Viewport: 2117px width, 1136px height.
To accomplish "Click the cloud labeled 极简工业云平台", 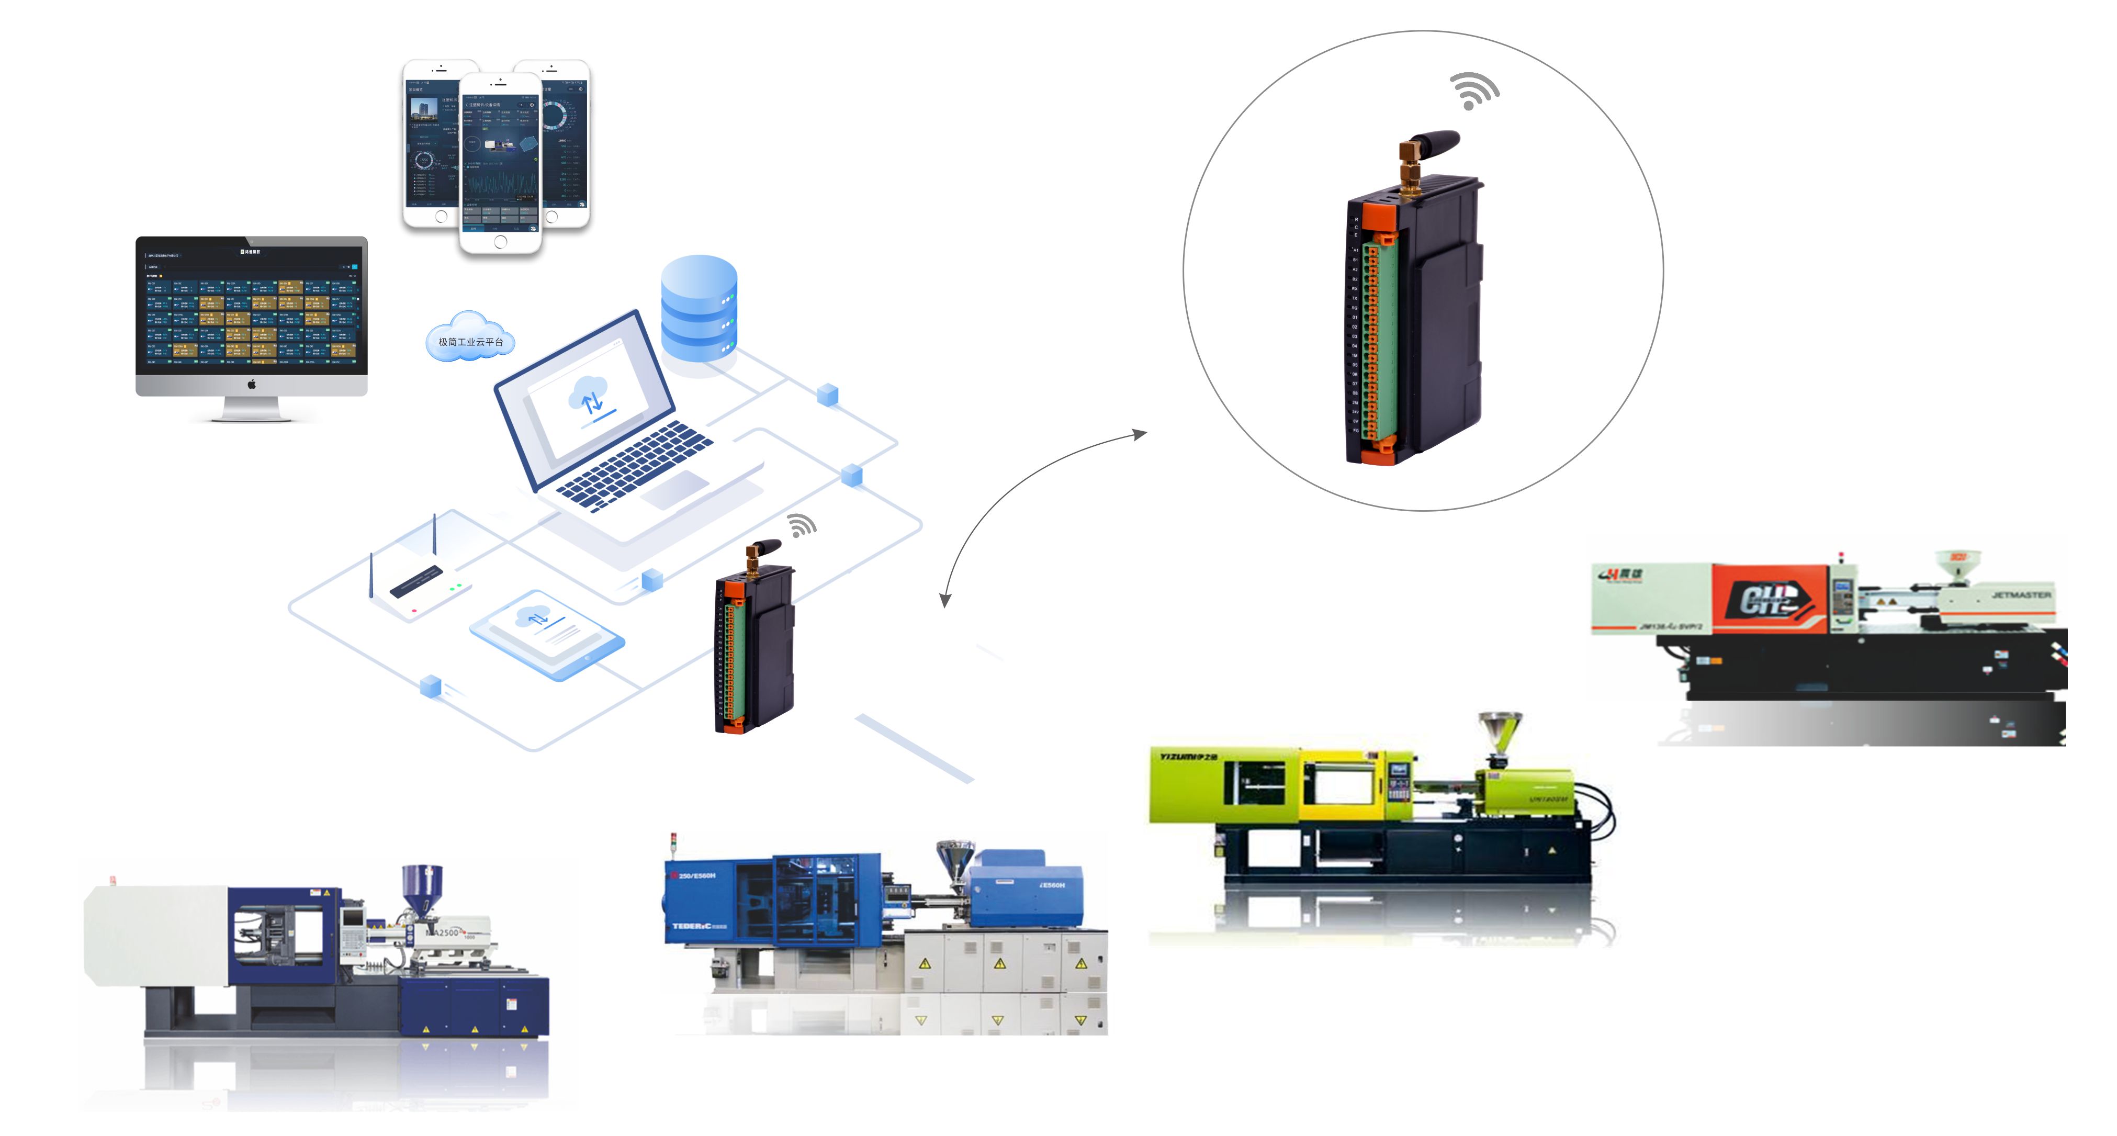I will (x=470, y=338).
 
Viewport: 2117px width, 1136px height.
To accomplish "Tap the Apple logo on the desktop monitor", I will (x=252, y=384).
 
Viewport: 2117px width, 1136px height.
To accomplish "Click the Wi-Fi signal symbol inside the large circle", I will (x=1473, y=91).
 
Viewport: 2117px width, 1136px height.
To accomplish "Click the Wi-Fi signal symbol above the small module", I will (x=801, y=525).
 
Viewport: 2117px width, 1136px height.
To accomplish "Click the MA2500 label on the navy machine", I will (x=444, y=932).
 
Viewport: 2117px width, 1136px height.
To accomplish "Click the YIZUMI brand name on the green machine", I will (x=1188, y=756).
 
